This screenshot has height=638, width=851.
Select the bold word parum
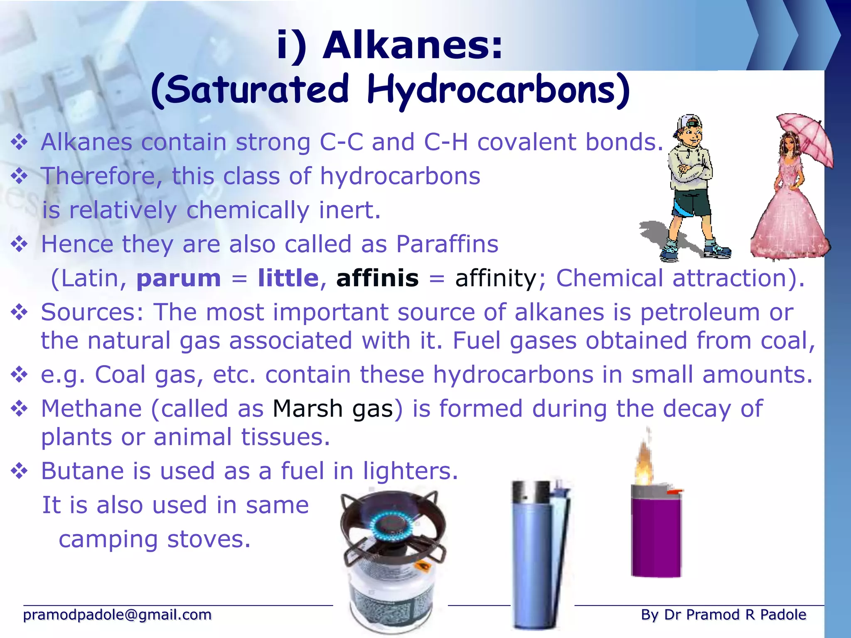coord(179,278)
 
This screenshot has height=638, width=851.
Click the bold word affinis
coord(377,278)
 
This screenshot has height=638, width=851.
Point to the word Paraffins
coord(447,244)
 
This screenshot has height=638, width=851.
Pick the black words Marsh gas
coord(333,409)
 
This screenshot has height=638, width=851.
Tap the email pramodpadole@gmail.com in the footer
coord(117,615)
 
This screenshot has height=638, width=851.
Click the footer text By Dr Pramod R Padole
coord(723,615)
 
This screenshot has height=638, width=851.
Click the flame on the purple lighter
coord(644,465)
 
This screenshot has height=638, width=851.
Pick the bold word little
coord(288,278)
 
